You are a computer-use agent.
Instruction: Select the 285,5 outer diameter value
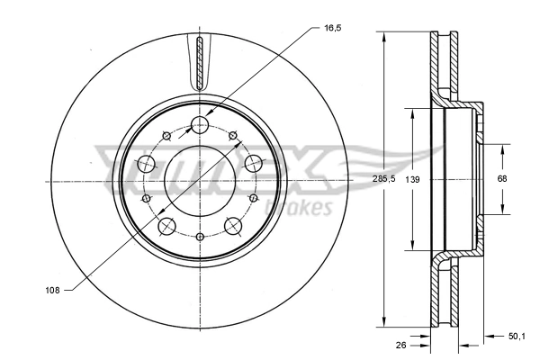coord(384,178)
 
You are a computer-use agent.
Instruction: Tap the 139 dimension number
coord(413,179)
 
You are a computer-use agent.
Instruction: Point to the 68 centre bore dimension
coord(502,178)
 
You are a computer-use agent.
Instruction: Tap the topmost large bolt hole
coord(200,124)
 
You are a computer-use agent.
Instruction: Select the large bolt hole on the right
coord(254,164)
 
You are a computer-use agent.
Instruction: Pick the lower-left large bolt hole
coord(166,226)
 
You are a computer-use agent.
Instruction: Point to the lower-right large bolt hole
coord(233,226)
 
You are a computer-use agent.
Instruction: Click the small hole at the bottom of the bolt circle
coord(199,236)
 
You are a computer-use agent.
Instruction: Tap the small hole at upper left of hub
coord(166,136)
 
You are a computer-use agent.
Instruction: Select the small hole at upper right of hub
coord(233,136)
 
